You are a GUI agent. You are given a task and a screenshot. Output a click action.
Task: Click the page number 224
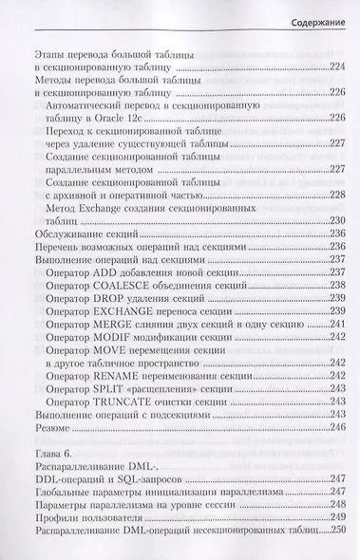[333, 66]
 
